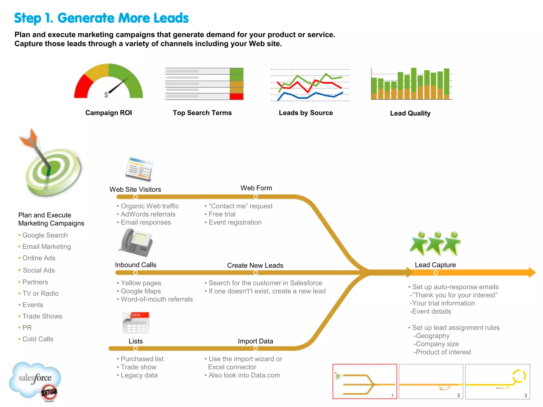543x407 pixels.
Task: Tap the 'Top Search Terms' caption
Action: [202, 113]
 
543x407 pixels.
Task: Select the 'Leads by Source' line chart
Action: [310, 85]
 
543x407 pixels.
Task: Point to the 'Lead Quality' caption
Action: [410, 113]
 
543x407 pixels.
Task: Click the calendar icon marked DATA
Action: [136, 322]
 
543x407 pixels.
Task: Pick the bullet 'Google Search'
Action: [45, 235]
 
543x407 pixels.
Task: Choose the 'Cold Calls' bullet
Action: [38, 339]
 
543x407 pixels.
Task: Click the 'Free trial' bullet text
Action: [222, 214]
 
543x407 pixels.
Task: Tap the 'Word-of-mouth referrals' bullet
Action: [157, 299]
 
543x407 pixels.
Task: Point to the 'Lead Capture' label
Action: [435, 265]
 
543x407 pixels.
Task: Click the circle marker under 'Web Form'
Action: [256, 197]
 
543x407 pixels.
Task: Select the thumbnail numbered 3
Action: [497, 381]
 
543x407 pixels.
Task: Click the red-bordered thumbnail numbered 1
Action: [365, 381]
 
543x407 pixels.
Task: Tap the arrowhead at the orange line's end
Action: [532, 272]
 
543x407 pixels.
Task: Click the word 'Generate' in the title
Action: [85, 18]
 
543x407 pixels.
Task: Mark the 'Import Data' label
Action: [255, 341]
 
